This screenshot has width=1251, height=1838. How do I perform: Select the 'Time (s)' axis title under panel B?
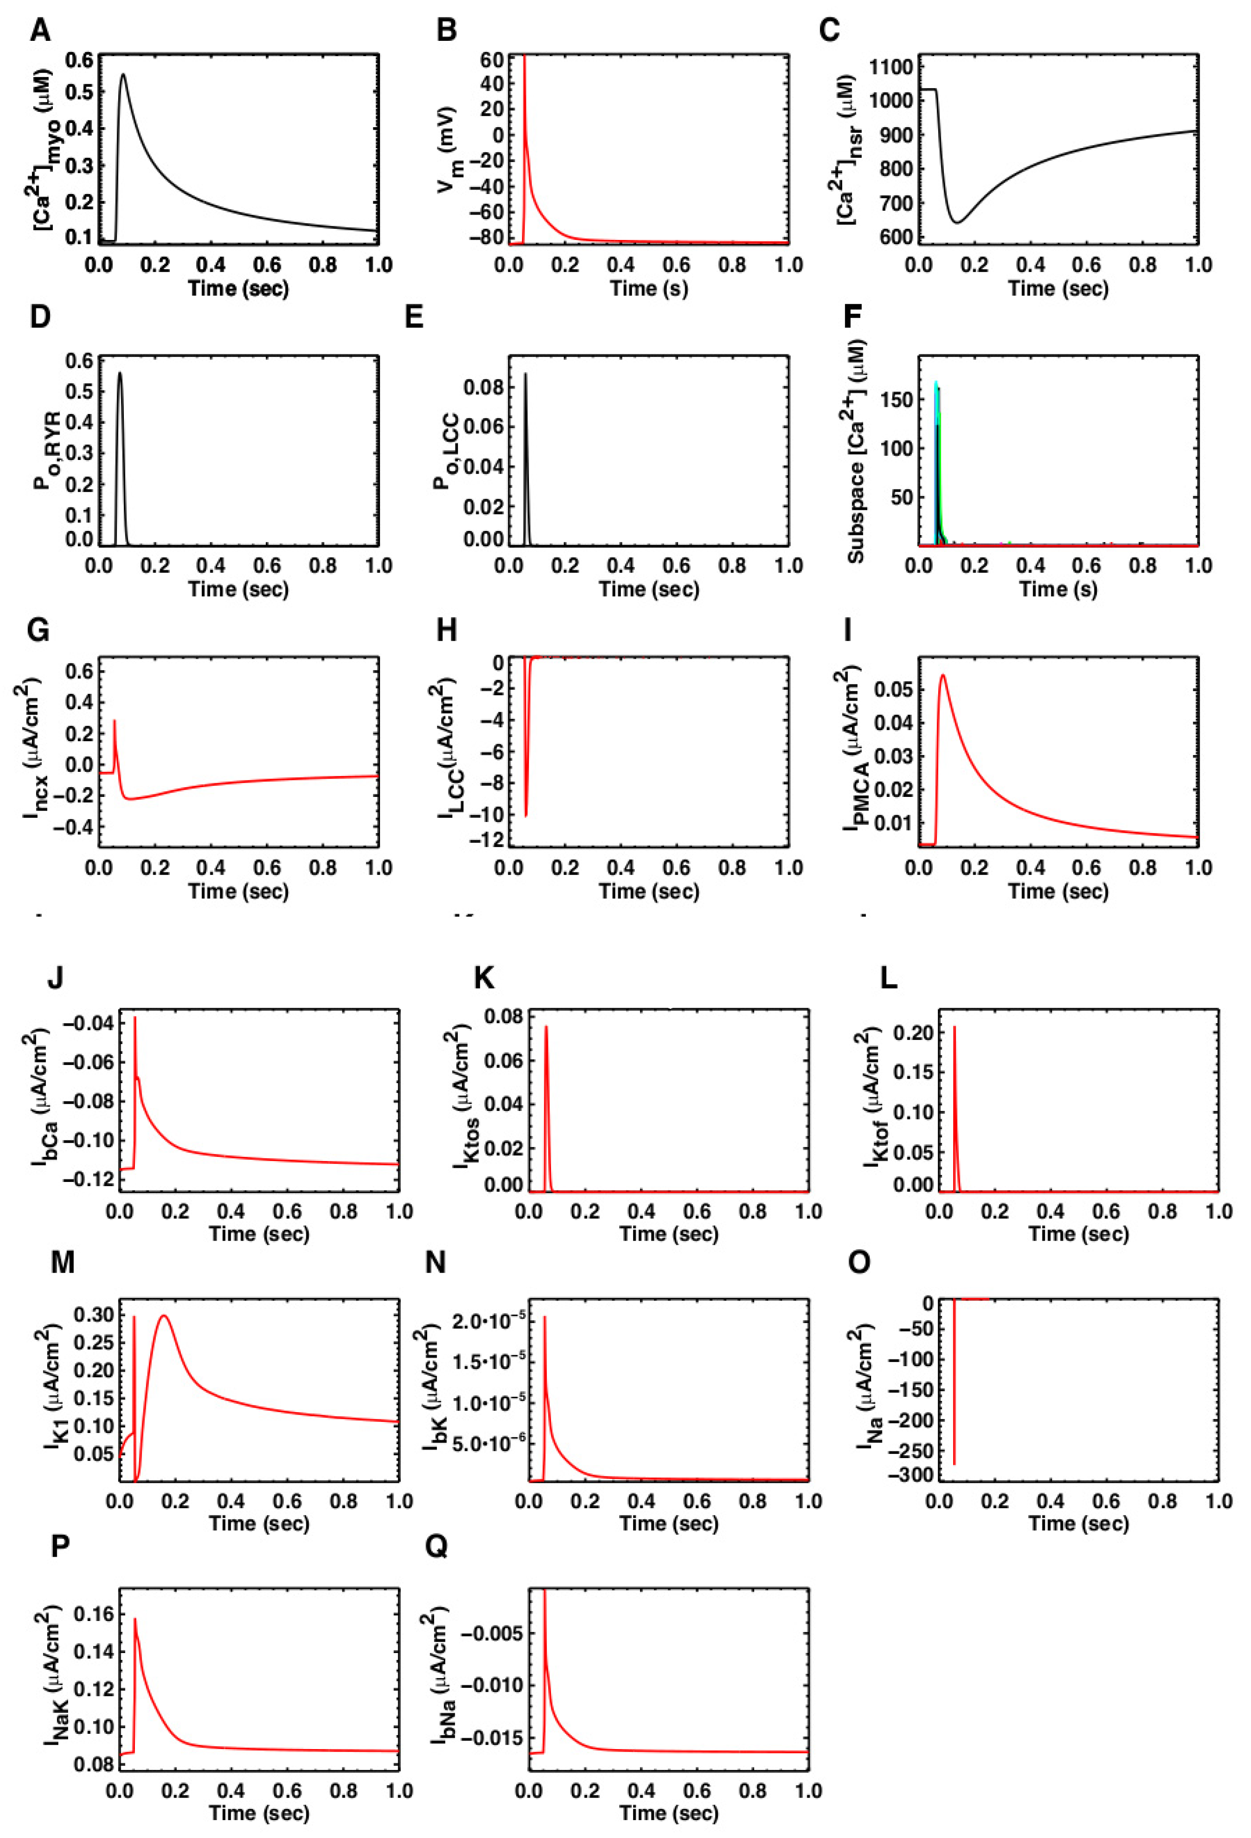648,288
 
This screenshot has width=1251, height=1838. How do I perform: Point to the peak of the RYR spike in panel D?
120,373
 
